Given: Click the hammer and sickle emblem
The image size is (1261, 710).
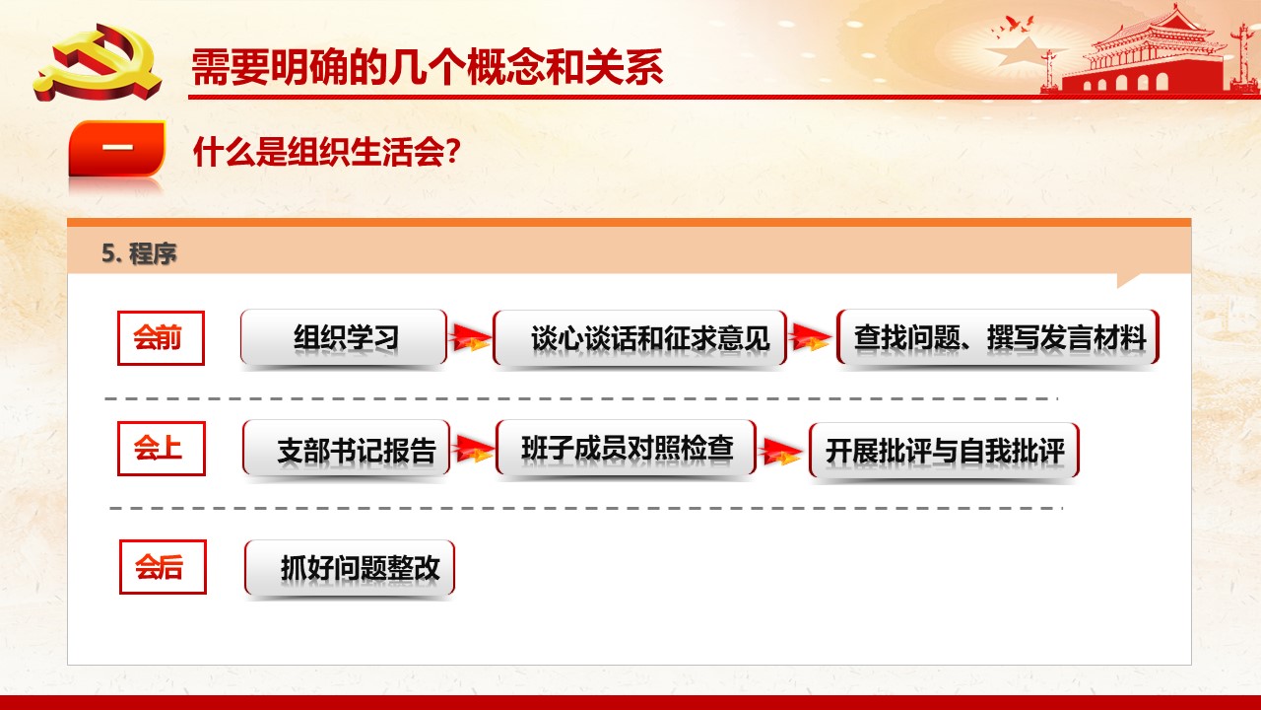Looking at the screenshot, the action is click(x=98, y=62).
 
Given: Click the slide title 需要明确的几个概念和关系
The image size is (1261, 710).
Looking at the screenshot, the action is click(x=428, y=67).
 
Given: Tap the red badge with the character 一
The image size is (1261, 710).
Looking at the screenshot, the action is click(x=117, y=148).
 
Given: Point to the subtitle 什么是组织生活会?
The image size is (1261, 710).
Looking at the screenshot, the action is click(x=327, y=152).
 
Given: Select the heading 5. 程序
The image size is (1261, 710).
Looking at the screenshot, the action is click(x=139, y=253).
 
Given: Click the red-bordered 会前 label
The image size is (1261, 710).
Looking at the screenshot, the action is click(x=161, y=338).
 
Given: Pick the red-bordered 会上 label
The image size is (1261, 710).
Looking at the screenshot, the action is click(x=161, y=449).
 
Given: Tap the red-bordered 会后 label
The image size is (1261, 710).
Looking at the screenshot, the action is click(x=163, y=567).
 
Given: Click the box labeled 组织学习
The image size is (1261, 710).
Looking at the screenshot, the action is click(x=344, y=337).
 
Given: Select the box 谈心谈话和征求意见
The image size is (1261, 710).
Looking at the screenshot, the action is click(x=639, y=338).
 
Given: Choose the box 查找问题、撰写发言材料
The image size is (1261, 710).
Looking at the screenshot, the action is click(x=998, y=337).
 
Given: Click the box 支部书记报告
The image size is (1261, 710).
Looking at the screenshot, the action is click(x=346, y=449).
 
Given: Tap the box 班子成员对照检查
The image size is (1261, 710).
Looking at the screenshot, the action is click(x=626, y=448).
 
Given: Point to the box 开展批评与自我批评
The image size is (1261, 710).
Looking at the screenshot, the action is click(x=944, y=451).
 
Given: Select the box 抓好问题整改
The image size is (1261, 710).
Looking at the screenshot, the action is click(x=350, y=568).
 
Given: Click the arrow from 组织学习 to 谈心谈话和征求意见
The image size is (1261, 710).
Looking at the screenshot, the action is click(x=470, y=337).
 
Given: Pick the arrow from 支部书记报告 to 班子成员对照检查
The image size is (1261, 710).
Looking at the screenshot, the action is click(x=474, y=449).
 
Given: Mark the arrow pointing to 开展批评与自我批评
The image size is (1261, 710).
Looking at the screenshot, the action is click(x=781, y=452).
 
